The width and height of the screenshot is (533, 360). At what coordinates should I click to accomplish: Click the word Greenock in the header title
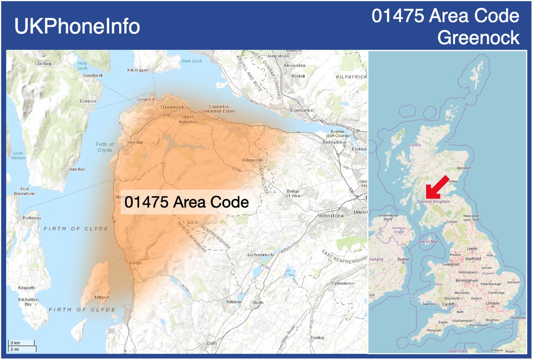pyautogui.click(x=478, y=38)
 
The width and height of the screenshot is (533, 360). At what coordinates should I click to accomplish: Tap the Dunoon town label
pyautogui.click(x=88, y=101)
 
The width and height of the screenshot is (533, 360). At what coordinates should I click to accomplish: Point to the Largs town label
pyautogui.click(x=135, y=263)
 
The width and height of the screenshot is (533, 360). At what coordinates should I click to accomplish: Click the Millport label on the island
pyautogui.click(x=101, y=297)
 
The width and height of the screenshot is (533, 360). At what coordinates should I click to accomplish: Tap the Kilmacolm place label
pyautogui.click(x=253, y=160)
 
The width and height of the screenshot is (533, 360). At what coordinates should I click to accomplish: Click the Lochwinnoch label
pyautogui.click(x=261, y=254)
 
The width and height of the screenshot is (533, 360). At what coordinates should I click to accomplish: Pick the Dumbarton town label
pyautogui.click(x=302, y=110)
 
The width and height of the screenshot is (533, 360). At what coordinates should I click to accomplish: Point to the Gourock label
pyautogui.click(x=146, y=99)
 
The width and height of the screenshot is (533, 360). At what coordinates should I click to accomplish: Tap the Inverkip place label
pyautogui.click(x=135, y=142)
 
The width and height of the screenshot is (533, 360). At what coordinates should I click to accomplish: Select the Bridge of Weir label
pyautogui.click(x=293, y=193)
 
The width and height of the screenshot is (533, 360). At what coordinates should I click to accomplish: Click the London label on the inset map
pyautogui.click(x=493, y=303)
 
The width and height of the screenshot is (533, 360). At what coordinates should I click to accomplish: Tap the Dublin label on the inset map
pyautogui.click(x=404, y=259)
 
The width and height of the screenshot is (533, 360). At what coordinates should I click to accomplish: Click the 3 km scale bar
pyautogui.click(x=22, y=344)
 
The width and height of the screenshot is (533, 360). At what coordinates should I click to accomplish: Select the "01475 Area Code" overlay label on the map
pyautogui.click(x=187, y=202)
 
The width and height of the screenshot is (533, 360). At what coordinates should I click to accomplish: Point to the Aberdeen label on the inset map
pyautogui.click(x=464, y=168)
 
